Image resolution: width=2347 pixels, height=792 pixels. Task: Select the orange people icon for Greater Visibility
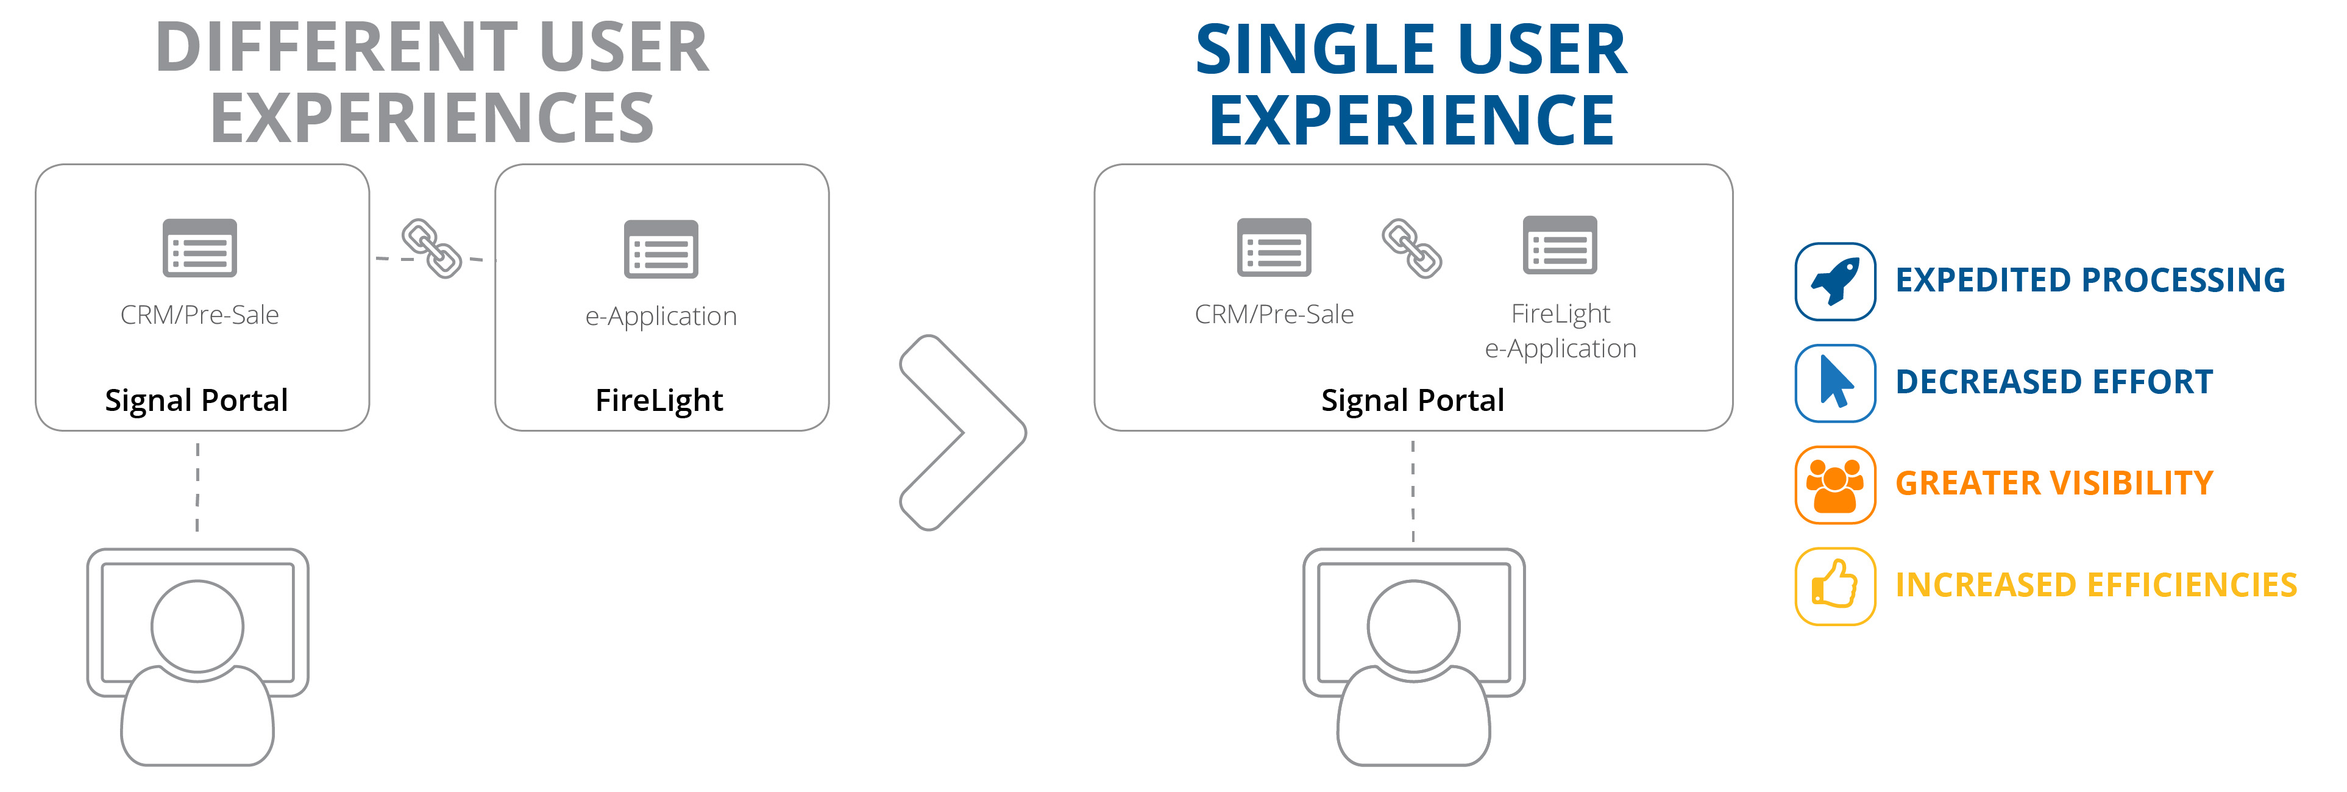click(x=1835, y=485)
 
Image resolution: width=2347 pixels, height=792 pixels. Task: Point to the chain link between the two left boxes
click(x=432, y=248)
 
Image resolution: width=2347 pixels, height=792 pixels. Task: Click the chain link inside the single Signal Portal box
click(x=1411, y=248)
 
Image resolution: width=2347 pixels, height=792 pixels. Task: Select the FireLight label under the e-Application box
click(x=659, y=400)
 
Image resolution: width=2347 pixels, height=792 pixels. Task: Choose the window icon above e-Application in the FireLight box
click(x=661, y=249)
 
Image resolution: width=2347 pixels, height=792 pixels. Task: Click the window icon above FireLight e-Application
click(x=1560, y=245)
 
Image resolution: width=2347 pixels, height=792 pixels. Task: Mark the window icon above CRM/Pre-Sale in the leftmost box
click(x=199, y=248)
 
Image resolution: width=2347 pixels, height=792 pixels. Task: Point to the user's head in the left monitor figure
click(x=197, y=626)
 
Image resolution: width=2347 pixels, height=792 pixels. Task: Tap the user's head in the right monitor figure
click(x=1414, y=626)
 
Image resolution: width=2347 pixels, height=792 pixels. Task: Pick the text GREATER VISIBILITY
click(x=2054, y=483)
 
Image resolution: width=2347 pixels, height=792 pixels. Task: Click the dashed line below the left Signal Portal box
click(x=197, y=487)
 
